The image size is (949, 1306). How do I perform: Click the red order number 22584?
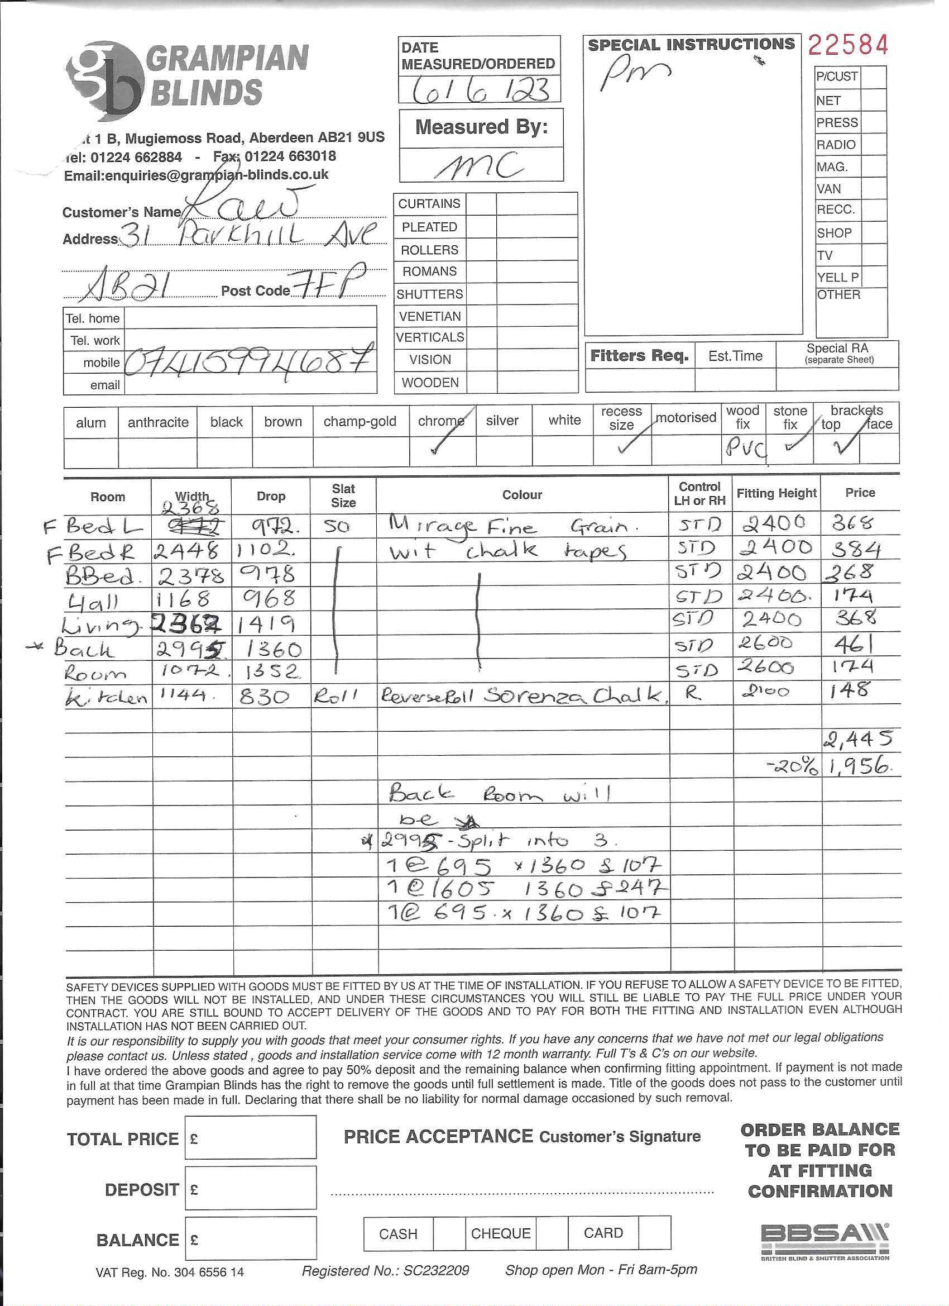coord(848,45)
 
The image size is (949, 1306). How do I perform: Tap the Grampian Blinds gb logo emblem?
coord(104,80)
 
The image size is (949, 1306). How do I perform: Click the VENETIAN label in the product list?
coord(430,316)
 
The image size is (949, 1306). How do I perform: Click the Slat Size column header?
coord(343,495)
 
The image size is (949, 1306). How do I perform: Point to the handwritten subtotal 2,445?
coord(857,739)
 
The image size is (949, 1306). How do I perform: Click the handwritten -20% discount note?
coord(792,766)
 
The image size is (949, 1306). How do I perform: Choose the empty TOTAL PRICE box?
coord(250,1138)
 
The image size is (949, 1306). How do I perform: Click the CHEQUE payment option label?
coord(500,1233)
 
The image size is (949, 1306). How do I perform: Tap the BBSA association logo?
coord(824,1238)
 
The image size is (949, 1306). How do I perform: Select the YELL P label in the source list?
coord(837,277)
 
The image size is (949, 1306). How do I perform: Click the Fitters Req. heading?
coord(639,356)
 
